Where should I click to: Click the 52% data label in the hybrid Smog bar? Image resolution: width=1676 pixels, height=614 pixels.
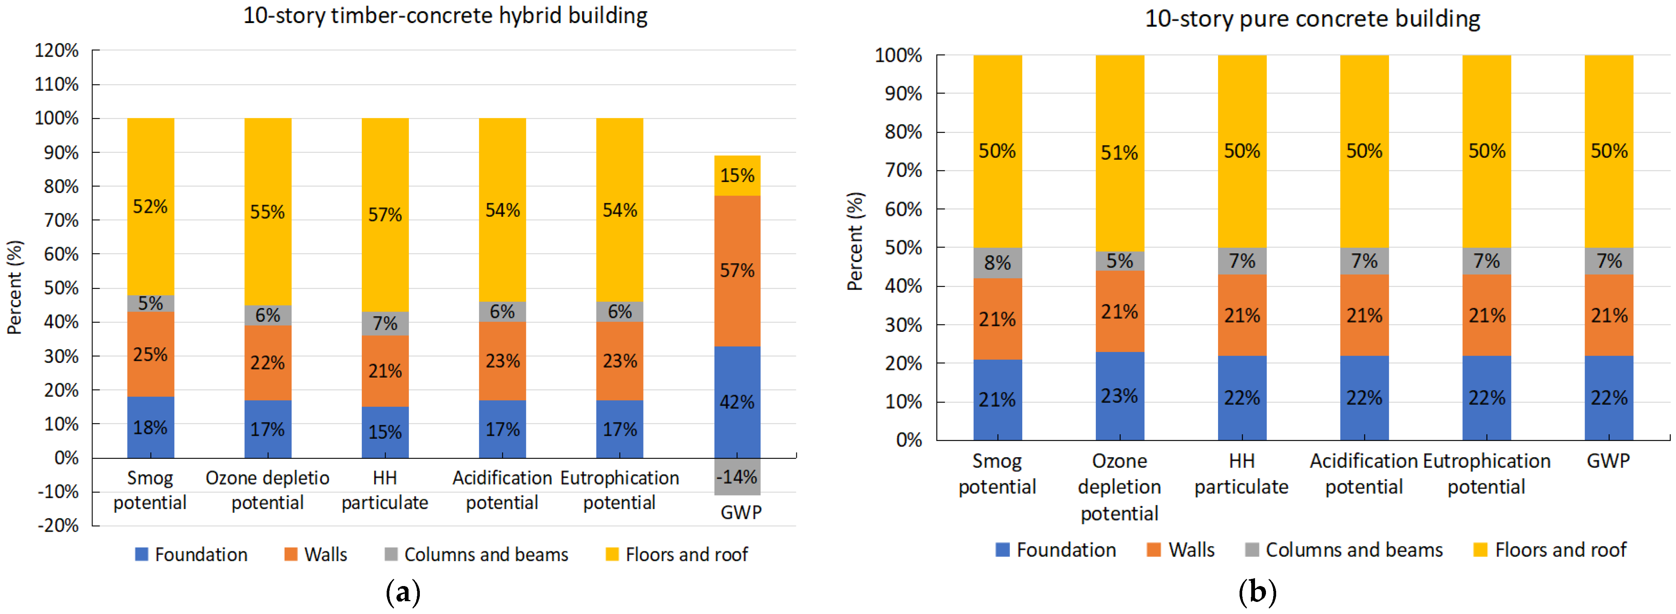[x=150, y=207]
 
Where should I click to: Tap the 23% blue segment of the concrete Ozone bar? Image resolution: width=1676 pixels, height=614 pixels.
[x=1119, y=396]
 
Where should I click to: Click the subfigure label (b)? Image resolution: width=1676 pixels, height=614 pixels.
[x=1257, y=592]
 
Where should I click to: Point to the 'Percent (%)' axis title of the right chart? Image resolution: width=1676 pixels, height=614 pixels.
[x=854, y=241]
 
